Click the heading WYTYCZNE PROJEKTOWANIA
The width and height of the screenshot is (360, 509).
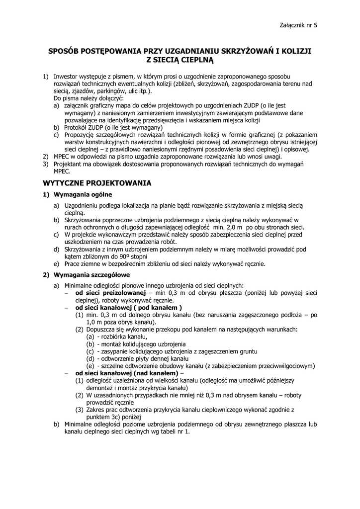(96, 183)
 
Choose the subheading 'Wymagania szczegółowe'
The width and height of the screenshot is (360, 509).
(91, 274)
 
